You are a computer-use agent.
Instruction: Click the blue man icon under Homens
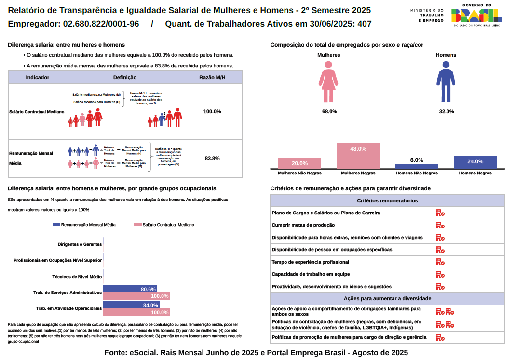pyautogui.click(x=446, y=81)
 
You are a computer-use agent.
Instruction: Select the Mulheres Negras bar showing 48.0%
pyautogui.click(x=358, y=156)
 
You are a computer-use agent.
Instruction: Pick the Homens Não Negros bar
pyautogui.click(x=417, y=166)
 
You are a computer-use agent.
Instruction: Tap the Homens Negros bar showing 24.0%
pyautogui.click(x=475, y=162)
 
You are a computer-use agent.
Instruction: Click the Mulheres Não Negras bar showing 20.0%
pyautogui.click(x=299, y=163)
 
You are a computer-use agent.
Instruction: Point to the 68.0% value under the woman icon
pyautogui.click(x=329, y=111)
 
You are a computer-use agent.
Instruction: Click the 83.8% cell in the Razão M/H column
pyautogui.click(x=212, y=158)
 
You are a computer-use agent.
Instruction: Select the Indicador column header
pyautogui.click(x=38, y=77)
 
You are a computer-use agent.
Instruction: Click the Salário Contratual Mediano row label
pyautogui.click(x=37, y=112)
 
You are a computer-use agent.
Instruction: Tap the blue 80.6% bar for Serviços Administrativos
pyautogui.click(x=130, y=289)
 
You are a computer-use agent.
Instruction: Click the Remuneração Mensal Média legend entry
pyautogui.click(x=84, y=225)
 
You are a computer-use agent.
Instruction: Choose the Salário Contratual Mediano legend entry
pyautogui.click(x=164, y=225)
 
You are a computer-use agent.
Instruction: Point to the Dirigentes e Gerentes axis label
pyautogui.click(x=80, y=244)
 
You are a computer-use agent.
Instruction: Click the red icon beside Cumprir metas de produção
pyautogui.click(x=440, y=225)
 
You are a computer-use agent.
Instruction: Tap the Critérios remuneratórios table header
pyautogui.click(x=387, y=200)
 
